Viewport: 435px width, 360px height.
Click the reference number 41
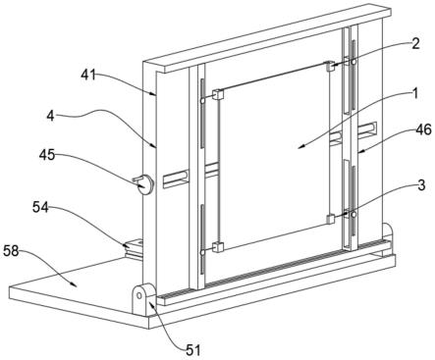point(88,76)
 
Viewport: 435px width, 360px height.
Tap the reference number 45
point(47,155)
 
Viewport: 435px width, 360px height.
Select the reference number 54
point(40,207)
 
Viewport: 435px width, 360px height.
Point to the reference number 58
point(12,251)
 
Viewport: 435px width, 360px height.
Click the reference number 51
point(192,350)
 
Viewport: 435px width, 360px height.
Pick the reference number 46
point(423,130)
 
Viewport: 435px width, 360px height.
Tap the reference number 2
point(415,44)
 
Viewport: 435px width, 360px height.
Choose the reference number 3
point(422,185)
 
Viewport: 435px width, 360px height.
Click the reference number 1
point(414,94)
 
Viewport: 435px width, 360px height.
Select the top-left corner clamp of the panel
point(218,95)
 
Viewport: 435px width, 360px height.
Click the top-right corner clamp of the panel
point(329,66)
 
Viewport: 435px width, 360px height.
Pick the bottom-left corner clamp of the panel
point(218,247)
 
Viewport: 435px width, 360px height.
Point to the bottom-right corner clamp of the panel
point(331,219)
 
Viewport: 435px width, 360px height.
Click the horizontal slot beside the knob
point(176,179)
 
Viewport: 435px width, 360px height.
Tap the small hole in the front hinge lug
point(138,295)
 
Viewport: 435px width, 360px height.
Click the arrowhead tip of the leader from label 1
point(299,148)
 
